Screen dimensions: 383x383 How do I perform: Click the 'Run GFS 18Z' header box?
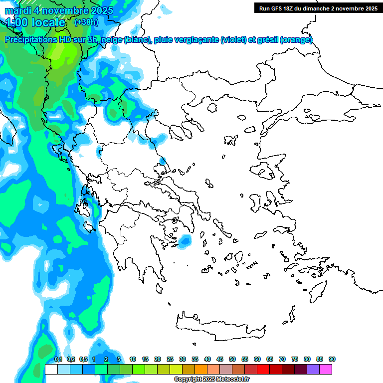(x=317, y=8)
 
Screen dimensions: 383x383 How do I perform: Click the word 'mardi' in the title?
(x=18, y=10)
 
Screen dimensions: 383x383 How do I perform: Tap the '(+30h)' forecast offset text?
(x=86, y=22)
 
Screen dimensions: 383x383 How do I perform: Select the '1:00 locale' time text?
(x=35, y=22)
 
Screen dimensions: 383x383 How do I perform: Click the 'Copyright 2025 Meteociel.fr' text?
(x=211, y=380)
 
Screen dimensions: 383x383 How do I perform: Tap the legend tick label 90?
(x=332, y=359)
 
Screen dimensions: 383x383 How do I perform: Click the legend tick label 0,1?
(x=58, y=359)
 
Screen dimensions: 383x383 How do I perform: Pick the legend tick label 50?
(x=232, y=359)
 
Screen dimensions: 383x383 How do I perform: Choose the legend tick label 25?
(x=170, y=359)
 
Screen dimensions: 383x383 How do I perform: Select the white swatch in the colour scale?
(x=51, y=369)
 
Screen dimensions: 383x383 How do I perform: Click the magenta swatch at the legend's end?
(x=326, y=369)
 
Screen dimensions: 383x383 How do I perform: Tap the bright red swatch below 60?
(x=263, y=369)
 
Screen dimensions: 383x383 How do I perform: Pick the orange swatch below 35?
(x=201, y=369)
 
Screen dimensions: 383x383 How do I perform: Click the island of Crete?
(x=219, y=323)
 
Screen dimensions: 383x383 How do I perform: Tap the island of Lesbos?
(x=265, y=173)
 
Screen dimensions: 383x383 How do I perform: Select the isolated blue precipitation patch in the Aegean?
(x=185, y=242)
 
